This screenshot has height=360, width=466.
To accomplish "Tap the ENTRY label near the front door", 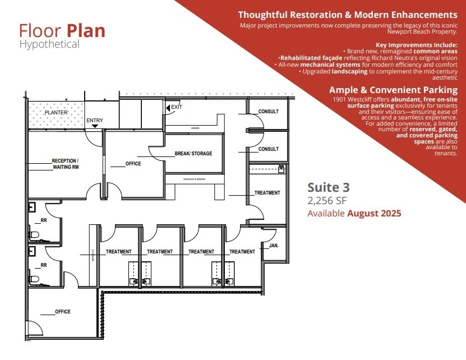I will point(94,121).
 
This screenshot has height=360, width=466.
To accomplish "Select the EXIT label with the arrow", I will point(176,107).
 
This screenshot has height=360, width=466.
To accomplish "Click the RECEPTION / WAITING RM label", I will point(66,164).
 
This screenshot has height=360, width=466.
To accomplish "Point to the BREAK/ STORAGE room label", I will point(193,153).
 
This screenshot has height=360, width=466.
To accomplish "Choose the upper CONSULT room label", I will point(268,112).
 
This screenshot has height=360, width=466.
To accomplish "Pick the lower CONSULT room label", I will point(268,149).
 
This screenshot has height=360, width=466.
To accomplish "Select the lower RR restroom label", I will point(43,265).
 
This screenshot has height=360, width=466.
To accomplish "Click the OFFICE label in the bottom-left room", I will point(63,312).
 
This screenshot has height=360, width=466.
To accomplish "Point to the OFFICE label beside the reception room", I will point(133,164).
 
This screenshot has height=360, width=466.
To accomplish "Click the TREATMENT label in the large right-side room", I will point(267,193).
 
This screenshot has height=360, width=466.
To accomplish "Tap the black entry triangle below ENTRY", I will point(95,127).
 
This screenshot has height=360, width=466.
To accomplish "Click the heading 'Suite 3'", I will point(329,187).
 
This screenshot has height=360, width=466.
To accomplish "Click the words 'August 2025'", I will point(374,214).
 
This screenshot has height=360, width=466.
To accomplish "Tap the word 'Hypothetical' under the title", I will point(49,44).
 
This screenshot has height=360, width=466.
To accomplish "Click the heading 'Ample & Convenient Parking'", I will point(393,90).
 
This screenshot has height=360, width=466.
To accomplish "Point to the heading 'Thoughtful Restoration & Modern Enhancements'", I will point(347,15).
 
